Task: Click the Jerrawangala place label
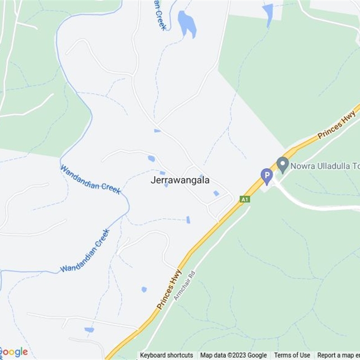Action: (180, 180)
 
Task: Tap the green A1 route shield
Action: (245, 199)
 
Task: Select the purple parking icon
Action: (267, 175)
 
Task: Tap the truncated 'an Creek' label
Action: (159, 14)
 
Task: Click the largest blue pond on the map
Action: (187, 24)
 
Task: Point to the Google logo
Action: (13, 352)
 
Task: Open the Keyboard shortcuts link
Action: (166, 355)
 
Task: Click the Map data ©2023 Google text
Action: (234, 355)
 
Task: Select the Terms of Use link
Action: (292, 355)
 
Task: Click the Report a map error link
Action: (338, 355)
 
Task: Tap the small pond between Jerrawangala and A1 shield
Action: (216, 193)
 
